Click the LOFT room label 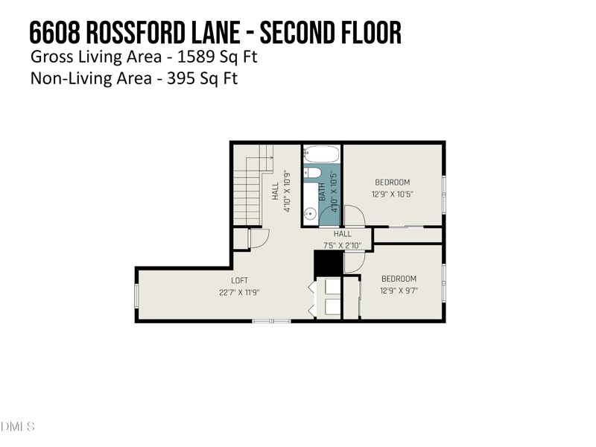[239, 281]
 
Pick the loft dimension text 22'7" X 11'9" [239, 292]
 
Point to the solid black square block [327, 263]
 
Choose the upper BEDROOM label [392, 183]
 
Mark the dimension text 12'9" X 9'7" [399, 291]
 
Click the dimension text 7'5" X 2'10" [342, 244]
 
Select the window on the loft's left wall [136, 295]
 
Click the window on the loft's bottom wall [271, 320]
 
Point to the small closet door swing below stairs [257, 238]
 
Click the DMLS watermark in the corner [18, 426]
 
